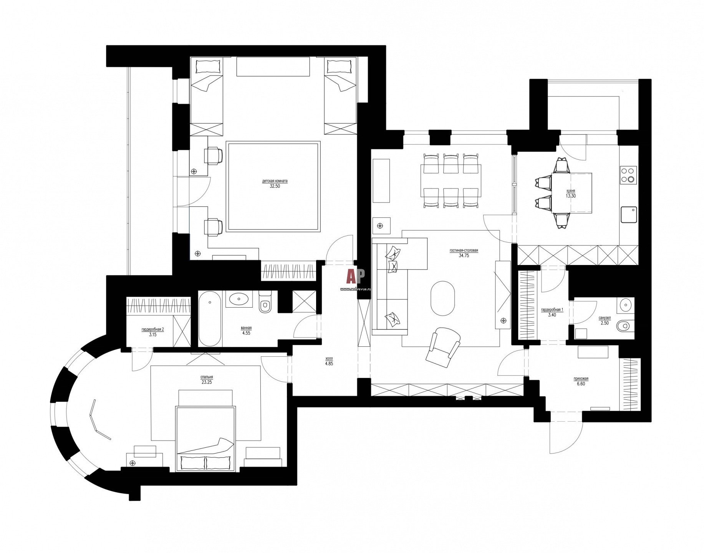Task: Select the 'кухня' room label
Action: pyautogui.click(x=570, y=191)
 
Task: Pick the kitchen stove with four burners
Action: pyautogui.click(x=628, y=174)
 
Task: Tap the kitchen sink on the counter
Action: pyautogui.click(x=629, y=215)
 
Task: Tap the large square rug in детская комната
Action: pyautogui.click(x=273, y=187)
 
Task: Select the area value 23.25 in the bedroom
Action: pyautogui.click(x=206, y=382)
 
